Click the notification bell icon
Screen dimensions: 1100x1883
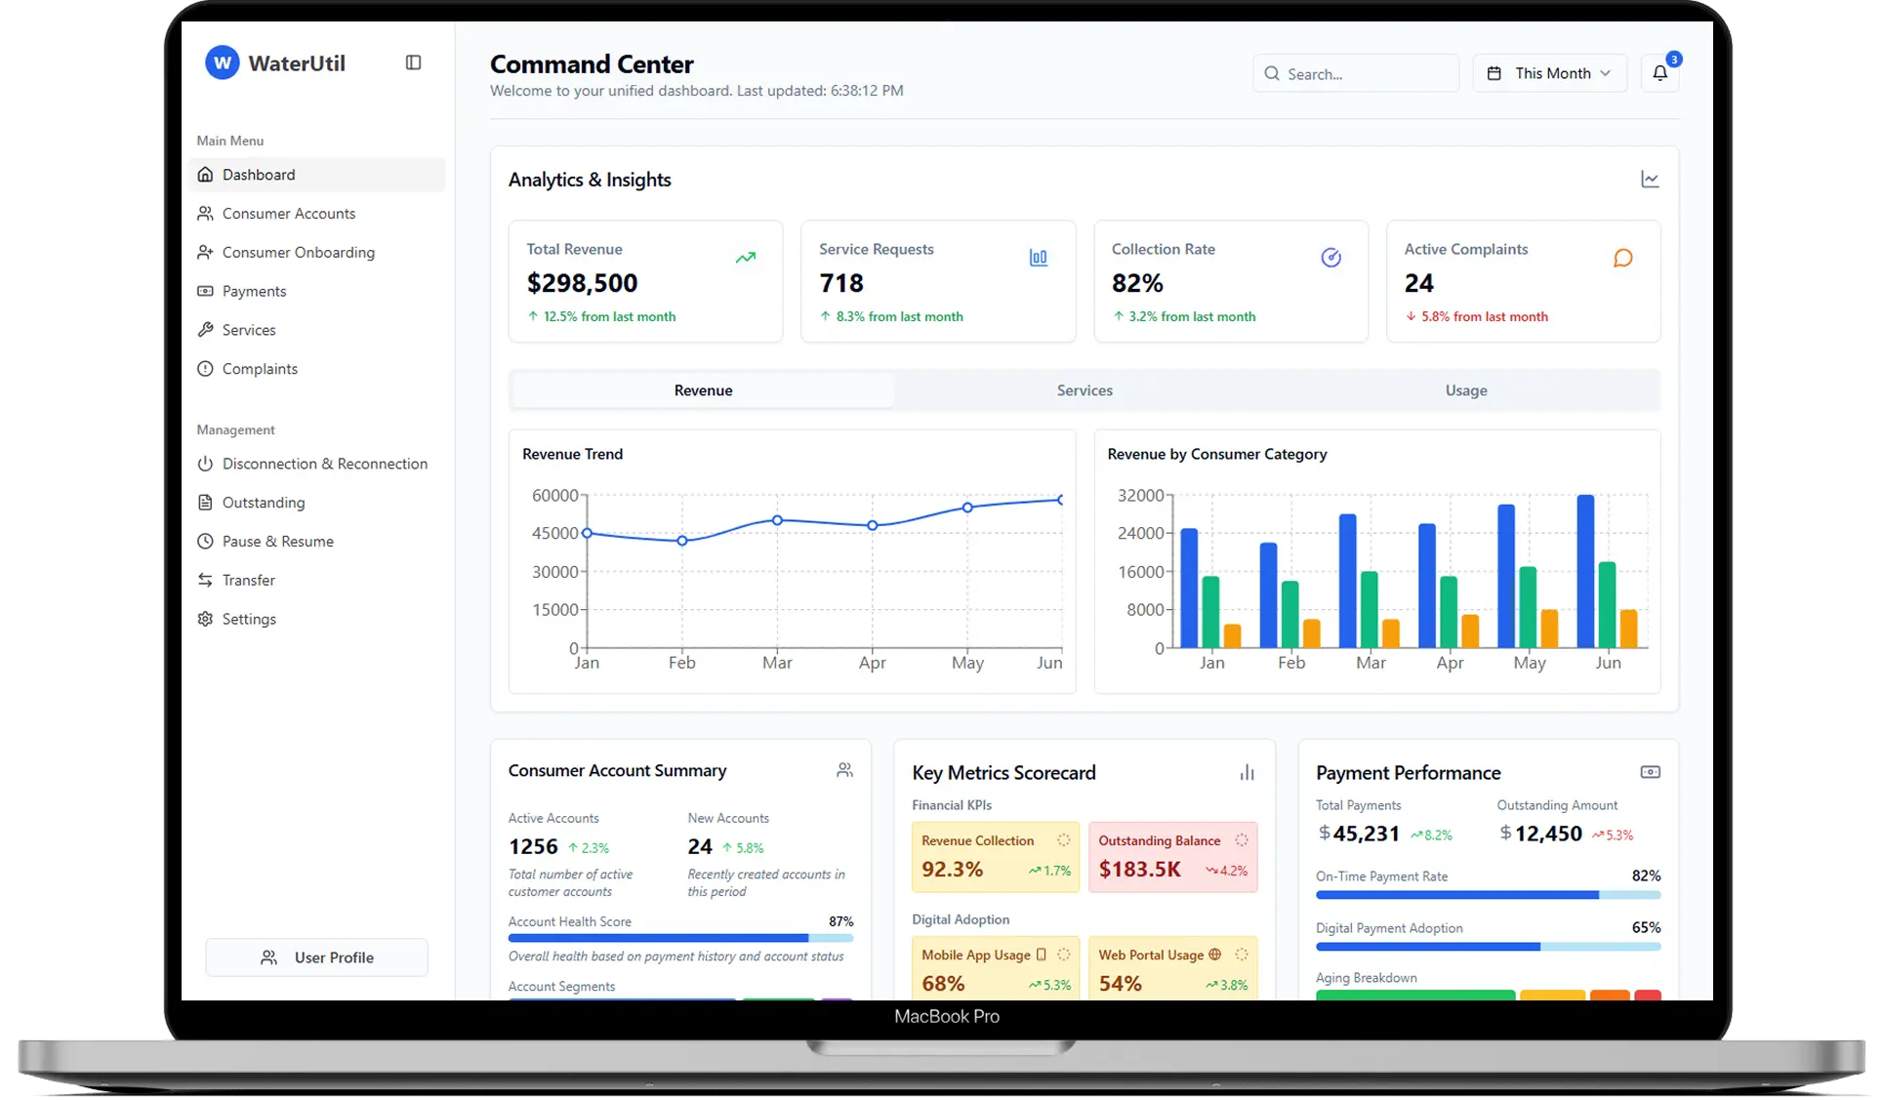coord(1659,73)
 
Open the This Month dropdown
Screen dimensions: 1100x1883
coord(1549,73)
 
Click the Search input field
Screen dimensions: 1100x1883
coord(1357,74)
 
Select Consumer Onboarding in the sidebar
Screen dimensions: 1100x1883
coord(298,252)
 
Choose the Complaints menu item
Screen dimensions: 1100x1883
coord(260,369)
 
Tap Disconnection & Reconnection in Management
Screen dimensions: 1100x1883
coord(324,464)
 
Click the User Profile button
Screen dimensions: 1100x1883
coord(316,957)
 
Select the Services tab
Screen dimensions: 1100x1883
coord(1085,390)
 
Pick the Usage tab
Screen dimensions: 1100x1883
coord(1466,390)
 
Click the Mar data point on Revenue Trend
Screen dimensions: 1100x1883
coord(777,520)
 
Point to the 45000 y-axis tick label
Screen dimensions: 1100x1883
coord(554,534)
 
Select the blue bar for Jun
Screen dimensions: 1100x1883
coord(1585,571)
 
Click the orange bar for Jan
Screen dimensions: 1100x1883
coord(1232,635)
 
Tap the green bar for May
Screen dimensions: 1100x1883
coord(1528,606)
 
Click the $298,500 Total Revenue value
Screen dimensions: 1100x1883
coord(582,283)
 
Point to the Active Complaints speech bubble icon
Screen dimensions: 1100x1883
coord(1622,258)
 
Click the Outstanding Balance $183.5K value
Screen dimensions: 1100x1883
coord(1139,869)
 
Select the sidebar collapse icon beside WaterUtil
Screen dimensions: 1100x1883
coord(413,62)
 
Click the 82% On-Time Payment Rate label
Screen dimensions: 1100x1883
coord(1646,876)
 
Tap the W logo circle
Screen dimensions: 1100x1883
coord(222,63)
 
